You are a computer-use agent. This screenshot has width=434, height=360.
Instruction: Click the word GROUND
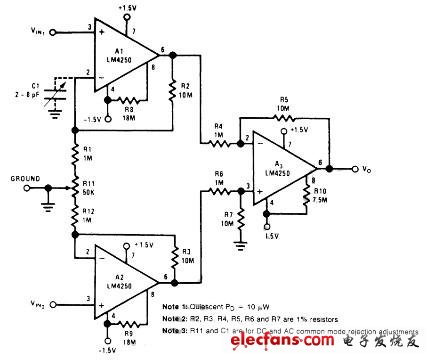[29, 179]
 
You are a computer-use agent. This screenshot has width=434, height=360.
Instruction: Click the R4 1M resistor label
[221, 129]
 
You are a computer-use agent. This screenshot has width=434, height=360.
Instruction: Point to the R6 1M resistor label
[220, 176]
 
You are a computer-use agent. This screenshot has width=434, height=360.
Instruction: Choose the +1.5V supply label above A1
[126, 8]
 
